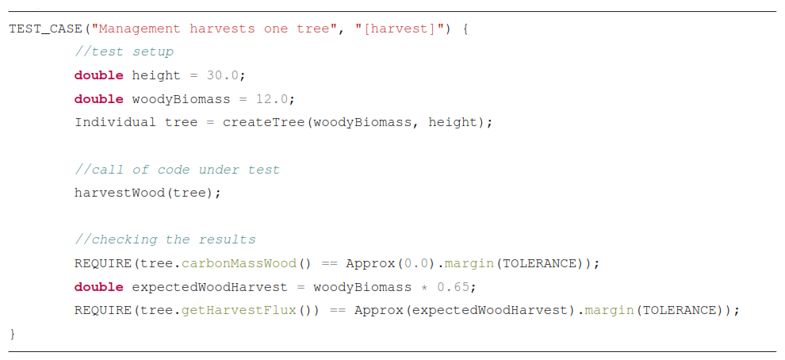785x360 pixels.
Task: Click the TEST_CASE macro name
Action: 45,29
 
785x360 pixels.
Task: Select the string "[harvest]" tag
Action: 399,29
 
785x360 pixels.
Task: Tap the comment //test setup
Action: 124,52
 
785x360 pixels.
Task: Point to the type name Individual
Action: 115,122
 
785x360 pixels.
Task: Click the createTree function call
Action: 263,122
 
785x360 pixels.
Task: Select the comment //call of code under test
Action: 178,170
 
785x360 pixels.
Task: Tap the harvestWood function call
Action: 120,193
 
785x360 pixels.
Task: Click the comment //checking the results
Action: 165,239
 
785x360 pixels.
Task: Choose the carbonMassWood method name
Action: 239,263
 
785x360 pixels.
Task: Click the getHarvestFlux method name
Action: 239,310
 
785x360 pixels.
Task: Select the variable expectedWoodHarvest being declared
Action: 209,287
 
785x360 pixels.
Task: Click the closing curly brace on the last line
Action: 13,334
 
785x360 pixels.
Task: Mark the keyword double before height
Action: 98,75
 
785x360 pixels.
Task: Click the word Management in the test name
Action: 140,29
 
